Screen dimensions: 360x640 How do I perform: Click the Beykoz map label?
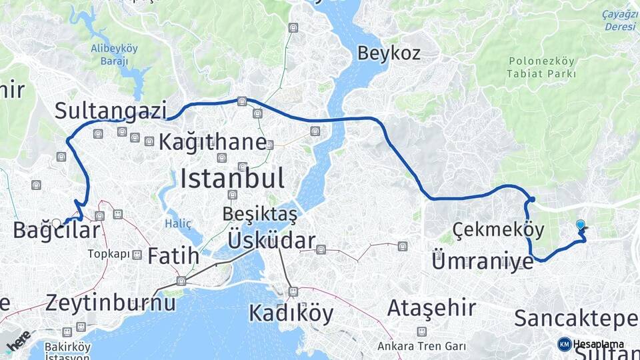[x=389, y=53]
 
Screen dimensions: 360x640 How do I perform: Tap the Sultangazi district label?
[x=110, y=111]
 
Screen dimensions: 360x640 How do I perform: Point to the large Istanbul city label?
[x=232, y=178]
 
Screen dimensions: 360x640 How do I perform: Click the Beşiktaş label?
[x=259, y=215]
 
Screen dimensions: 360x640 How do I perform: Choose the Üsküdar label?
[x=271, y=240]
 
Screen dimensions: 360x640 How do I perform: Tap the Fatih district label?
[x=173, y=255]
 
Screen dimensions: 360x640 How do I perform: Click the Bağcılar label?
[x=57, y=231]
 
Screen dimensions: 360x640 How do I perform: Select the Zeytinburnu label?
[x=111, y=303]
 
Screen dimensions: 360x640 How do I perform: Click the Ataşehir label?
[x=431, y=308]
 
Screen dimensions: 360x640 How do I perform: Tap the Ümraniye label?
[x=483, y=261]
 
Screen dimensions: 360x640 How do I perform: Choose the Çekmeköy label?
[x=498, y=230]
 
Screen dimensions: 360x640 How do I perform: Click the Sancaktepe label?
[x=576, y=319]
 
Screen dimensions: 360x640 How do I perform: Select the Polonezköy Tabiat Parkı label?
[x=542, y=67]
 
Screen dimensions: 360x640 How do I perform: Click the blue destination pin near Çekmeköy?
[x=580, y=226]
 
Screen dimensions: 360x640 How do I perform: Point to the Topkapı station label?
[x=109, y=254]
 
